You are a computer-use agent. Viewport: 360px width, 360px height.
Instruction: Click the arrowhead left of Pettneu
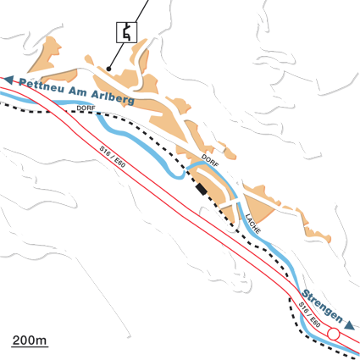(8, 80)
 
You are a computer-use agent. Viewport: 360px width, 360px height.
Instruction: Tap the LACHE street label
(252, 223)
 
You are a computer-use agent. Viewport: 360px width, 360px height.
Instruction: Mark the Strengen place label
(321, 308)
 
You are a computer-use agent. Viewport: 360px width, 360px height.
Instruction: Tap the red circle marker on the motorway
(334, 335)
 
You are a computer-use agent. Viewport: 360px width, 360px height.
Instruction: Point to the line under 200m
(29, 346)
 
